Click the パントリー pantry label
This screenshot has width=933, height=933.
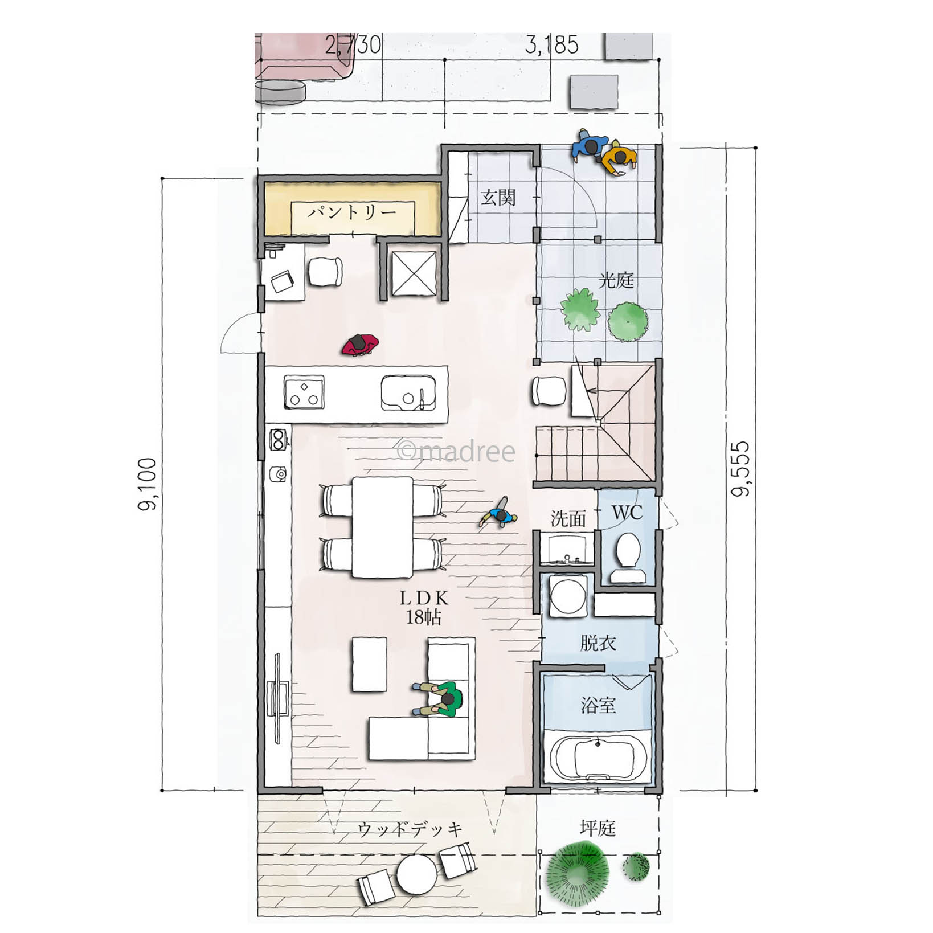[351, 213]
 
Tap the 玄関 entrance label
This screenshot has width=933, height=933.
[498, 198]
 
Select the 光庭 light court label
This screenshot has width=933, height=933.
[616, 280]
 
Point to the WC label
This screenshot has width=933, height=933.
[627, 513]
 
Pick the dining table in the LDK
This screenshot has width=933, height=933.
[382, 527]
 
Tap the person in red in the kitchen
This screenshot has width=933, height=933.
[360, 345]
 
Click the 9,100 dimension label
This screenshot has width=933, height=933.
[147, 484]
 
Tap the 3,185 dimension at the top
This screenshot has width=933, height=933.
[551, 45]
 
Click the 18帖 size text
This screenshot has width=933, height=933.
[424, 617]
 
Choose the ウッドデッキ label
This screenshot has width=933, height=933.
[411, 829]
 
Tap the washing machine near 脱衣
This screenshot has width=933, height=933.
[568, 594]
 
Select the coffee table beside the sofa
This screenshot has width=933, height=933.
[369, 664]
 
